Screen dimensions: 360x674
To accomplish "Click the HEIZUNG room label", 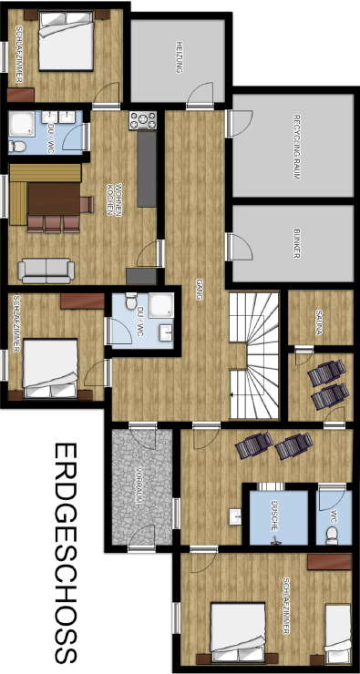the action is point(179,57).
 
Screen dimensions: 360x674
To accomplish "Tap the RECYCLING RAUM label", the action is point(296,147).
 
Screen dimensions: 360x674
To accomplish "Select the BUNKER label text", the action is point(296,243).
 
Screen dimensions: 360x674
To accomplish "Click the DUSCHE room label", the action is point(274,516).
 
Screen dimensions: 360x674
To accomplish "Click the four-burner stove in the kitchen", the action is point(143,120).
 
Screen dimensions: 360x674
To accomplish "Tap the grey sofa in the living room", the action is point(46,271).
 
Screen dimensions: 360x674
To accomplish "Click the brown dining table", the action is point(54,199).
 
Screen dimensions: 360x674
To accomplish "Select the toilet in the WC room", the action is point(332,536).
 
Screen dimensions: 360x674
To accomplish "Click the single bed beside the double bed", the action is point(337,633).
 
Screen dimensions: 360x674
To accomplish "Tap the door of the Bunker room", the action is point(239,247).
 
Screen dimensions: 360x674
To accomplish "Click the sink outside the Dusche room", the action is point(235,516).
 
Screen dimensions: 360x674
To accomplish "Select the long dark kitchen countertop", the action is point(147,168).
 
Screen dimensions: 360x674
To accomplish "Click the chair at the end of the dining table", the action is point(87,204).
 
